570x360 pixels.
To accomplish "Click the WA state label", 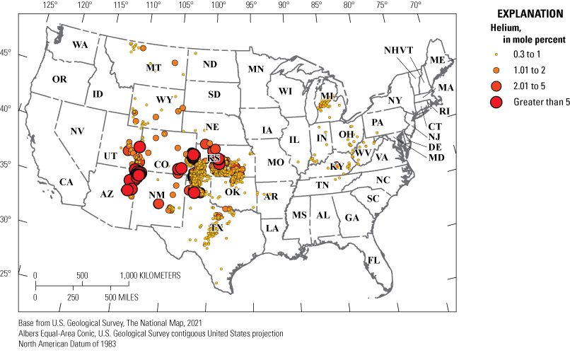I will coord(80,45).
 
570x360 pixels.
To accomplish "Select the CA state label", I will coord(66,182).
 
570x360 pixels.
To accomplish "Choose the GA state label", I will coord(351,218).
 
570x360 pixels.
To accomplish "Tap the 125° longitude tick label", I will coord(50,6).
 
